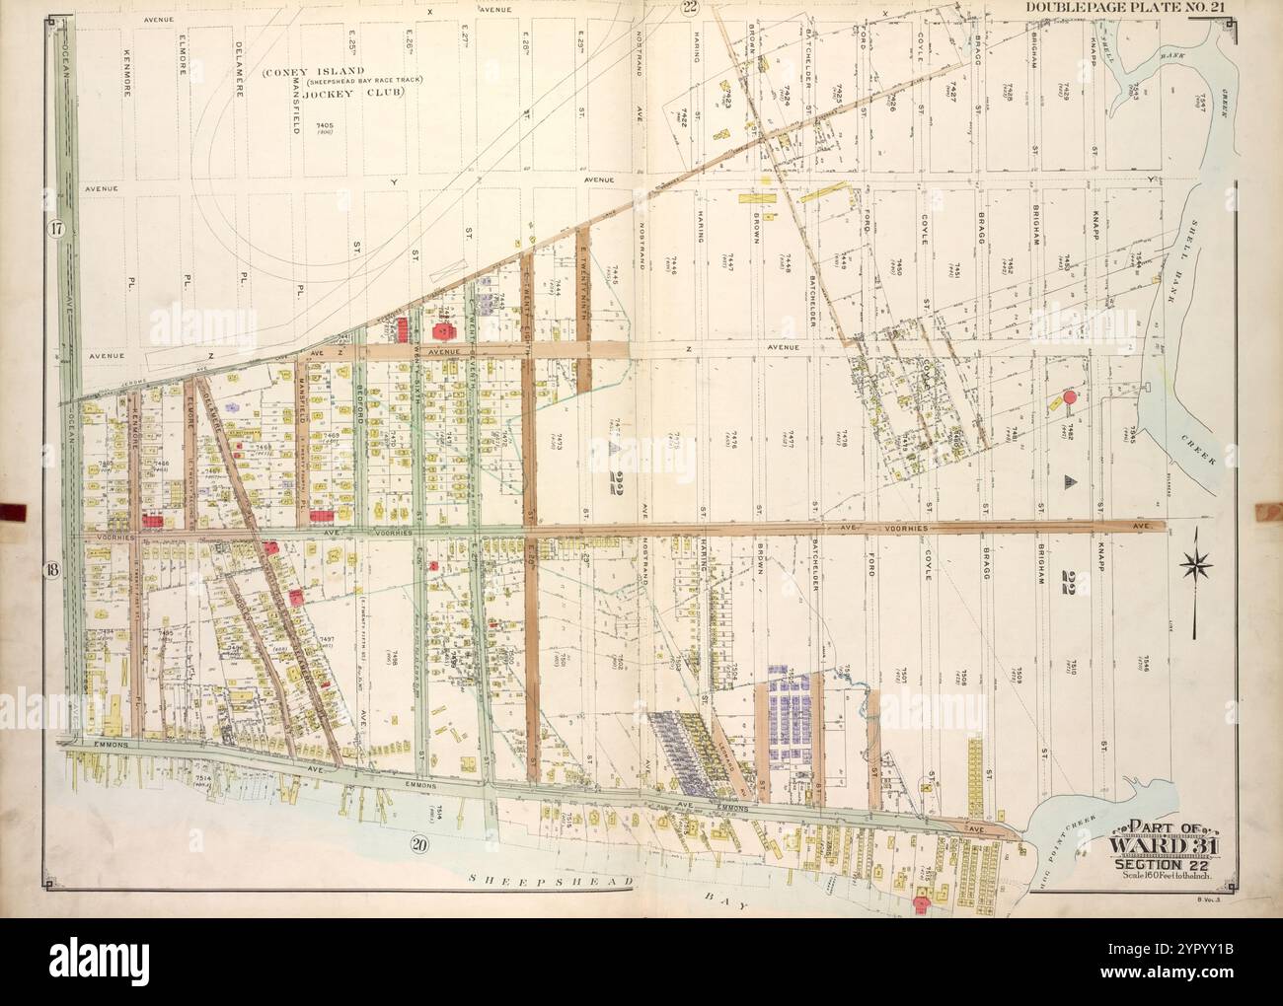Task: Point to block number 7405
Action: coord(325,126)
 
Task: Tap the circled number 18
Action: coord(51,569)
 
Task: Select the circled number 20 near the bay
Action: coord(418,843)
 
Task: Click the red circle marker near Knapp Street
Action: coord(1069,399)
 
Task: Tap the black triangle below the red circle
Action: coord(1069,480)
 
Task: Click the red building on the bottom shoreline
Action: coord(923,899)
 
